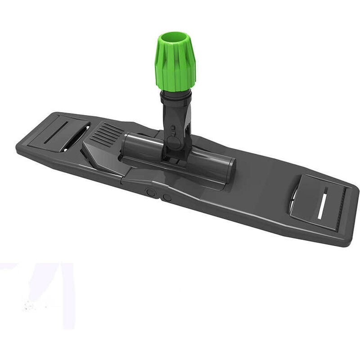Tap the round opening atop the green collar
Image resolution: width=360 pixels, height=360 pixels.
coord(175,37)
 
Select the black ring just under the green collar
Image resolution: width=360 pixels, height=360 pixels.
coord(176,94)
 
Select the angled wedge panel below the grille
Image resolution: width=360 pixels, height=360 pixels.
coord(101,155)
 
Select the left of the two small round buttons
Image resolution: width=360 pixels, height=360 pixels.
coord(151,192)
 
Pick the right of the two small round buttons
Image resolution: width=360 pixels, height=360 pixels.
coord(166,197)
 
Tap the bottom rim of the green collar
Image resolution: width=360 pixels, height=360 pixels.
coord(175,89)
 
